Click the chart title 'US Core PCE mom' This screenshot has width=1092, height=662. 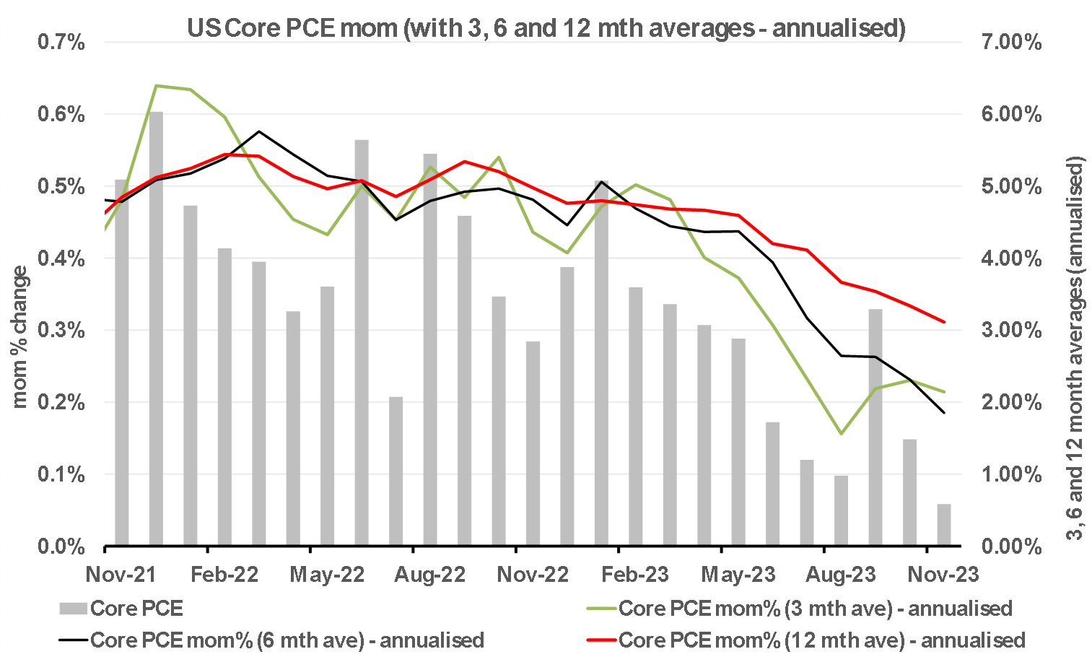click(x=546, y=27)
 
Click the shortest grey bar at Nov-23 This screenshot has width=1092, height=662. click(x=944, y=525)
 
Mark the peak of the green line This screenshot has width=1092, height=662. click(x=157, y=86)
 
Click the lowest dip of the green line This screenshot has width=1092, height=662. click(x=841, y=434)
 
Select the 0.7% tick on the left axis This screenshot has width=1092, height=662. click(x=61, y=43)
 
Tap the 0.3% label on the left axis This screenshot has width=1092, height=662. click(x=61, y=331)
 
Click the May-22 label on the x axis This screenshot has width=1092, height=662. click(x=327, y=575)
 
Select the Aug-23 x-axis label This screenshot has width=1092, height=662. click(x=841, y=575)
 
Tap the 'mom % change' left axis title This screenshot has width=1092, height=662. click(x=19, y=337)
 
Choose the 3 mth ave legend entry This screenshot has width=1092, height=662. click(x=801, y=609)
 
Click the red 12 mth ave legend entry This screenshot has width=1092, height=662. click(x=808, y=640)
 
